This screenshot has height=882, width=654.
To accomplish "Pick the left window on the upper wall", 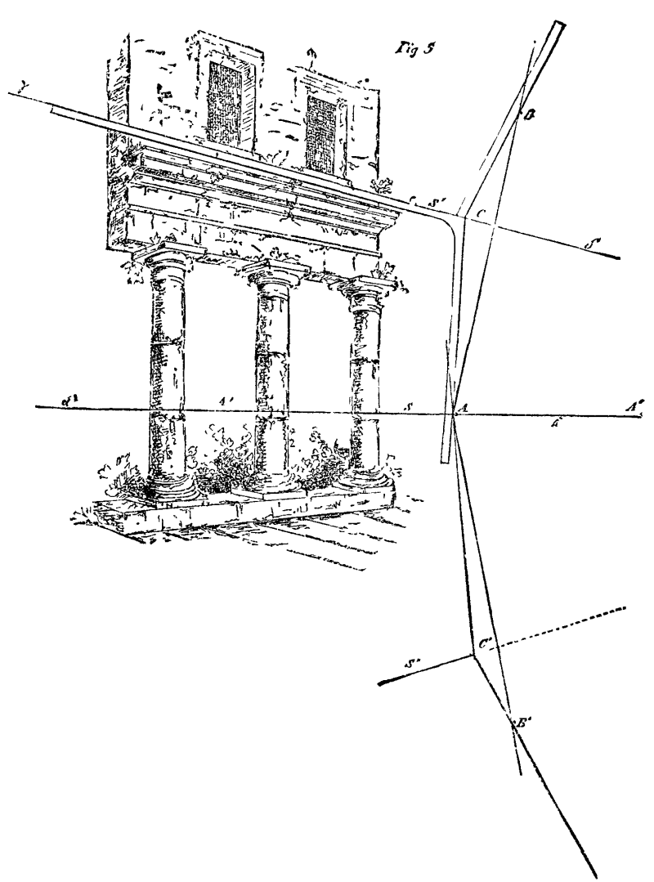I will click(226, 105).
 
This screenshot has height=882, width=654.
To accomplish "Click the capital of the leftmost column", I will click(166, 261).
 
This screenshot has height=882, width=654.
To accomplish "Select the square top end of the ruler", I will click(558, 27).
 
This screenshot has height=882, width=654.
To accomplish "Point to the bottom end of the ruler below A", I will click(445, 459).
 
